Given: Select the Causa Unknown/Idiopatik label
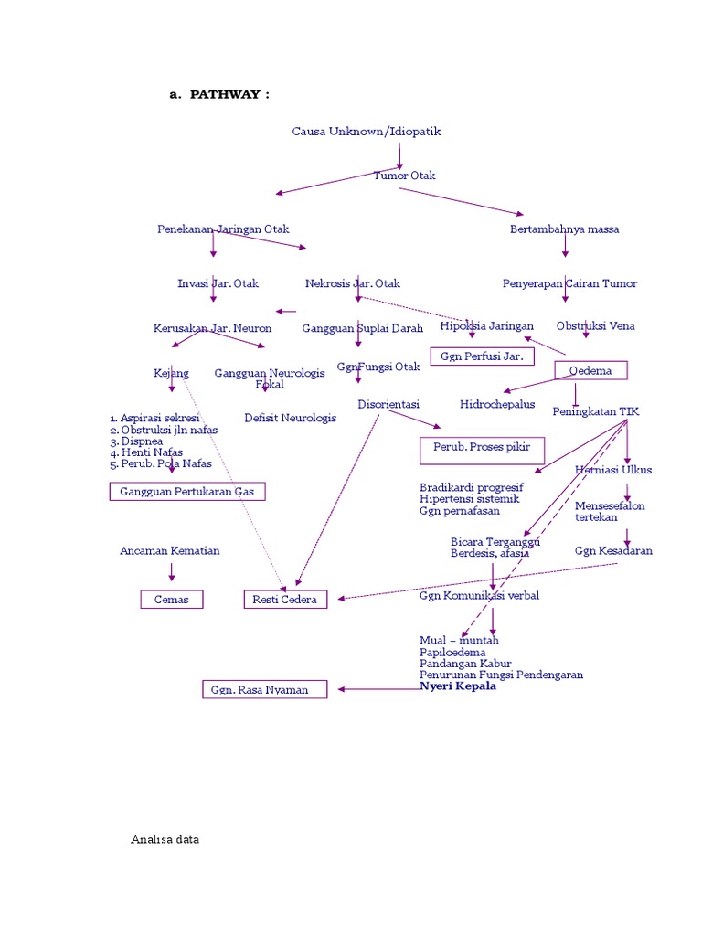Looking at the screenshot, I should (367, 131).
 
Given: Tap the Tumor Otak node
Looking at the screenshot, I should (404, 175).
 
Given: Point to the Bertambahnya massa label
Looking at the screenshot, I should (564, 229).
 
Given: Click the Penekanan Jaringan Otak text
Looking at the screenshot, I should (223, 229).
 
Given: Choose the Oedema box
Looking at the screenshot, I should (590, 370).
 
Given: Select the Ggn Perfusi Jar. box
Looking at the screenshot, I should (482, 356).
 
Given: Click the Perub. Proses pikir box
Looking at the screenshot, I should (482, 450).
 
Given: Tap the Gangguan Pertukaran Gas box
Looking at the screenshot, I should (187, 492).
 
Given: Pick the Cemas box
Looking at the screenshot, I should (171, 599).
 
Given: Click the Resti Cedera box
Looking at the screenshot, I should (284, 599).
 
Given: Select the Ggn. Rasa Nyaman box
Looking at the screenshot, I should (265, 689).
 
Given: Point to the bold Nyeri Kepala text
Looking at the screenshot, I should (458, 686).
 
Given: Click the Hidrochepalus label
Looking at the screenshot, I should (497, 403).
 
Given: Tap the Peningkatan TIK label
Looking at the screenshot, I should (596, 411).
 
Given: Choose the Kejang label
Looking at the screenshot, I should (171, 373).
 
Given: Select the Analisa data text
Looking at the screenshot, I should (165, 839).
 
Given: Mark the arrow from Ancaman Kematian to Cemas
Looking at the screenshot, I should (171, 572).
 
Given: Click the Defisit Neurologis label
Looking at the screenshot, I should (290, 418).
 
